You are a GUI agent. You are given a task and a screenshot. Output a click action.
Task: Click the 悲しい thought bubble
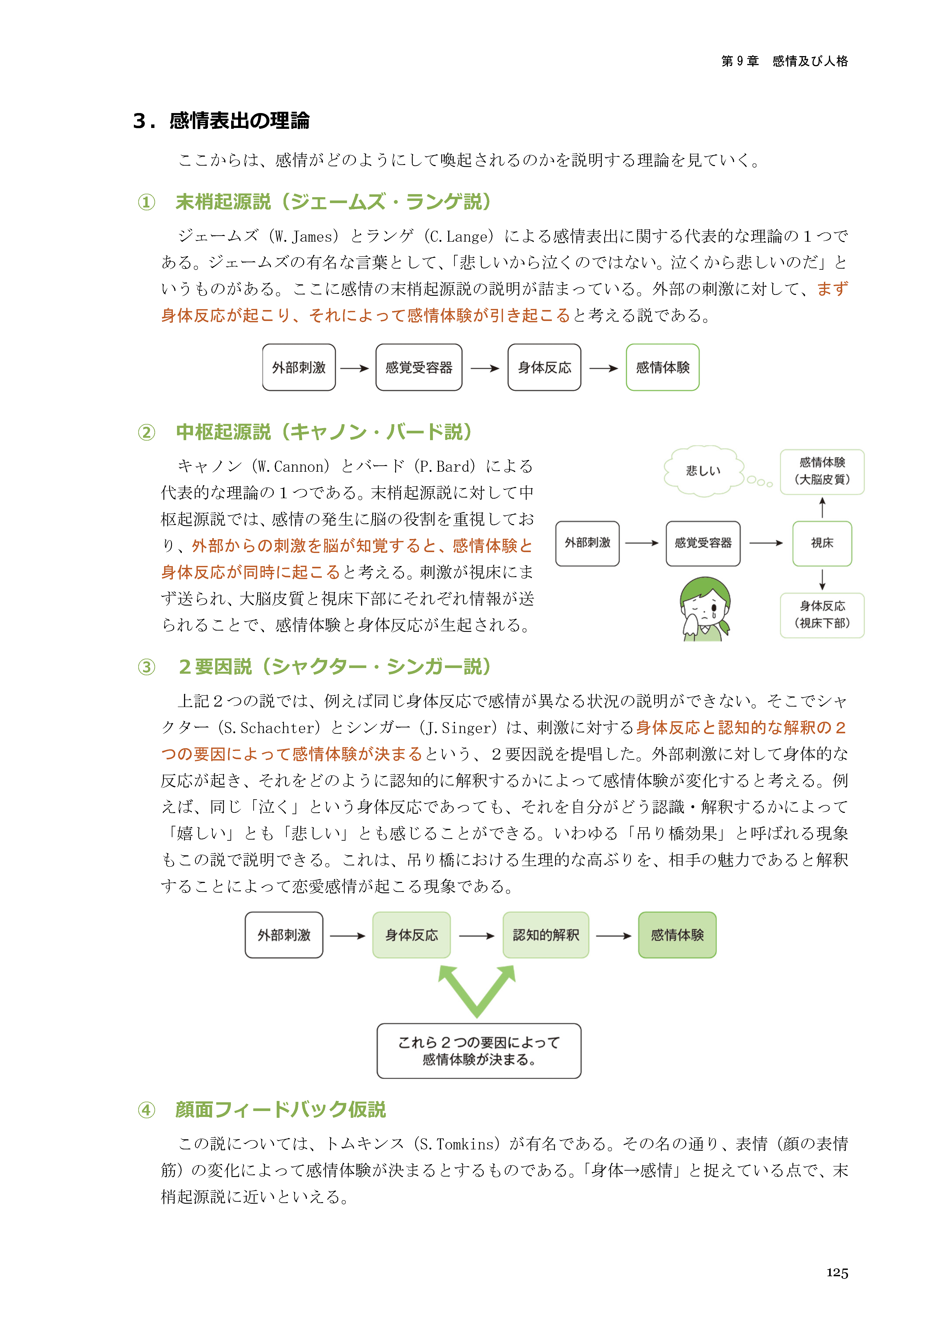pos(703,470)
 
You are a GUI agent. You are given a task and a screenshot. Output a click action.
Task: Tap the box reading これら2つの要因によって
pos(478,1051)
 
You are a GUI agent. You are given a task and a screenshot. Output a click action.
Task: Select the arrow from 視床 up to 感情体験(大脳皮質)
pos(822,507)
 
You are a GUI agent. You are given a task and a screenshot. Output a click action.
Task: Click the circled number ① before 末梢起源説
pos(146,202)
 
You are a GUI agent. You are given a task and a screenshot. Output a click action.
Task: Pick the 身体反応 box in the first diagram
pos(544,367)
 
